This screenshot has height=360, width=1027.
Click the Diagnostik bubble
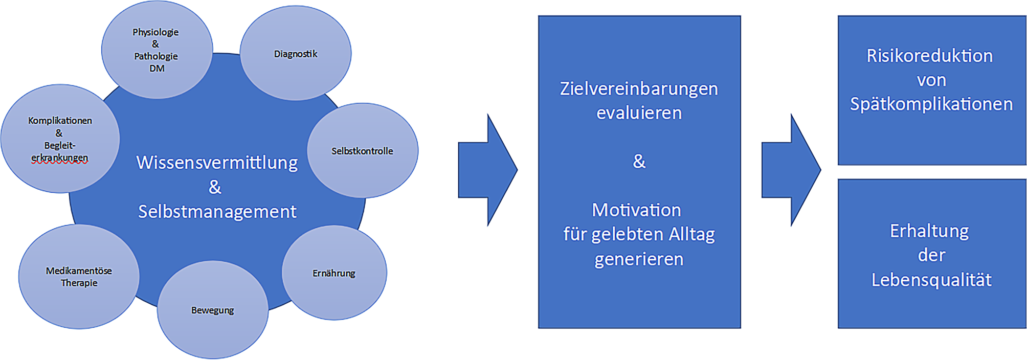point(296,54)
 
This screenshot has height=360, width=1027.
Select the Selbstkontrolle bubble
point(362,151)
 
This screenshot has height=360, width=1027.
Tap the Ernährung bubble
point(334,273)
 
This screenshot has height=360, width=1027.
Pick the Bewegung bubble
point(213,310)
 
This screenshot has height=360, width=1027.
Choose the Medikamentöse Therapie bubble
point(79,277)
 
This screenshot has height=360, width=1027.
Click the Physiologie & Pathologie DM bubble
point(156,50)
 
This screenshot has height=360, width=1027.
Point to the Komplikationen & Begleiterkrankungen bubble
point(60,138)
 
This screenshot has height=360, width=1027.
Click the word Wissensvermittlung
point(217,163)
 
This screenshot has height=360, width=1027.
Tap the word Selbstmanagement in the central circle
point(217,211)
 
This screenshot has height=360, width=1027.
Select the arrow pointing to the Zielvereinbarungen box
point(487,170)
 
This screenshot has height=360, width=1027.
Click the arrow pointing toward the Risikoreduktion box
point(790,170)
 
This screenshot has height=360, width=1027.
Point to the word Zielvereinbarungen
point(639,88)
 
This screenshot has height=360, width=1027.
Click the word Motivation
point(636,210)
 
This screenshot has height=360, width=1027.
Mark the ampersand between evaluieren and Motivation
point(639,161)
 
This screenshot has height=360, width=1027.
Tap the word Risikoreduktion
point(929,56)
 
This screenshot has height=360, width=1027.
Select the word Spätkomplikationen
point(931,104)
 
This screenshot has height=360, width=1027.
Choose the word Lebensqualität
point(931,280)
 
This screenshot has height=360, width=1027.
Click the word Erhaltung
point(929,231)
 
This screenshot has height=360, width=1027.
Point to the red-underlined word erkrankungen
point(60,158)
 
